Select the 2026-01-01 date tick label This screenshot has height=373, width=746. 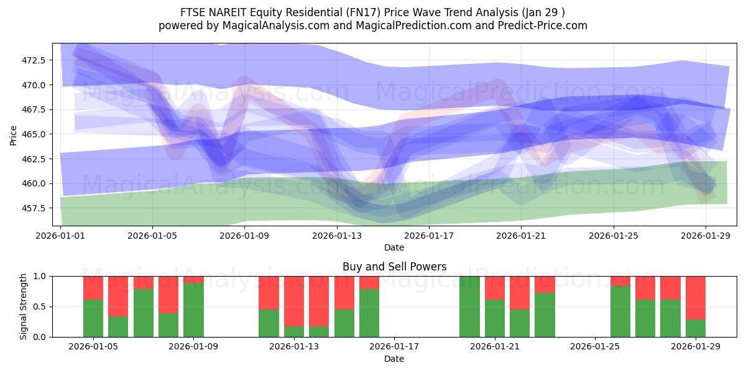[x=61, y=236]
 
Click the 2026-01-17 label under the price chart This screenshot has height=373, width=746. [x=429, y=236]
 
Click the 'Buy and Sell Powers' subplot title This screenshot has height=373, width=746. [x=394, y=267]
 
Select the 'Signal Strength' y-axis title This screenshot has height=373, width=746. [x=24, y=306]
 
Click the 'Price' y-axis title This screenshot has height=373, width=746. [x=14, y=134]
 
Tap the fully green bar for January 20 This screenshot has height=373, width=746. [x=469, y=306]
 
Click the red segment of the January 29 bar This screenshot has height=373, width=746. [x=696, y=297]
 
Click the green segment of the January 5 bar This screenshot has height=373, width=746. [x=93, y=318]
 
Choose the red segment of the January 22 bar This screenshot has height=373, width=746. [x=520, y=292]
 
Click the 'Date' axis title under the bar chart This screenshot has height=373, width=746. [x=394, y=359]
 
